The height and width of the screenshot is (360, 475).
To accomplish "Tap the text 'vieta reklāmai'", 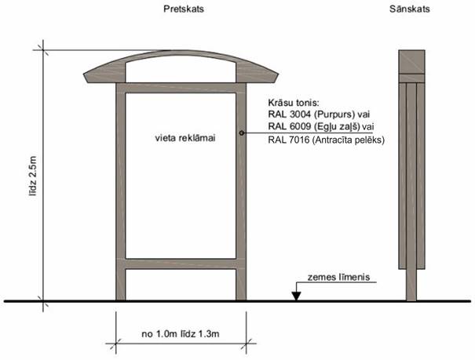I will pyautogui.click(x=185, y=137).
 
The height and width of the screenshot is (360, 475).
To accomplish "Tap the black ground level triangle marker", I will pyautogui.click(x=295, y=296).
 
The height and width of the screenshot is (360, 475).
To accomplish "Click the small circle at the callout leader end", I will pyautogui.click(x=243, y=133).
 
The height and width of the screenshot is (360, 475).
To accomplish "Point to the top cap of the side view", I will pyautogui.click(x=409, y=63).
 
